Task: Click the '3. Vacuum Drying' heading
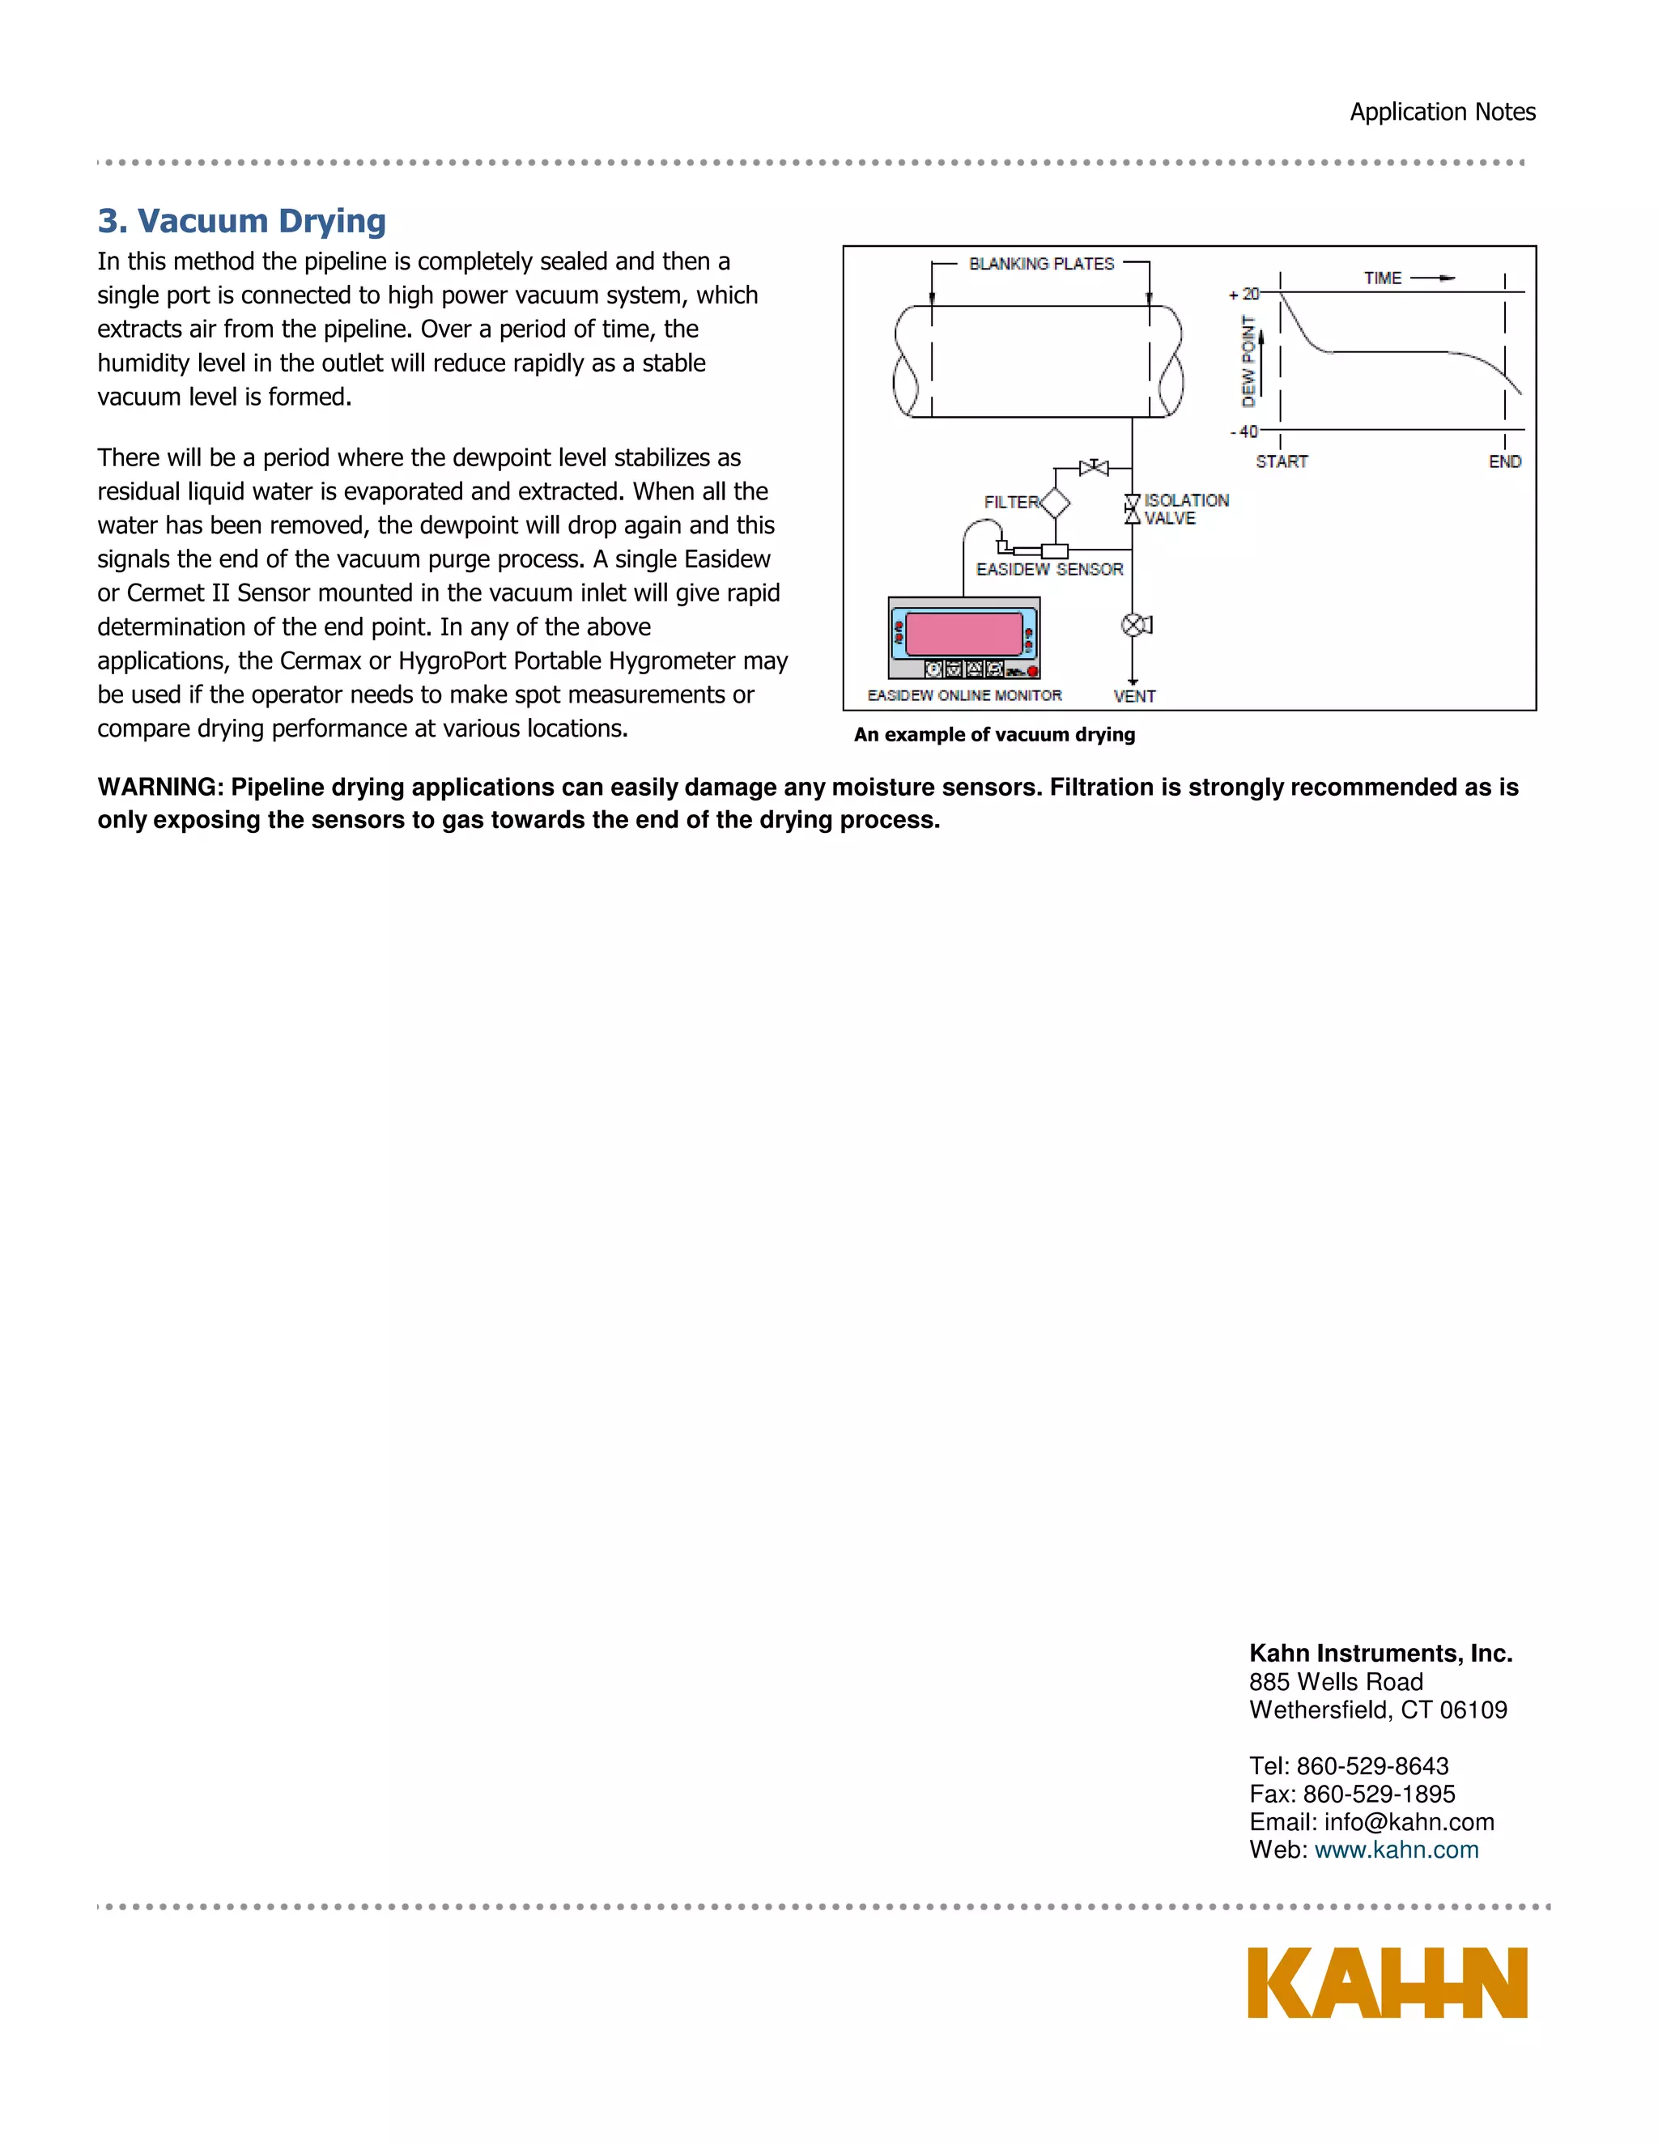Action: point(241,221)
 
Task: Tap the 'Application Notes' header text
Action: point(1442,112)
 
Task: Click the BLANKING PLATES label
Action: point(1041,263)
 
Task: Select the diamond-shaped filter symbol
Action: point(1054,503)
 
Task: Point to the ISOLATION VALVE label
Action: point(1184,509)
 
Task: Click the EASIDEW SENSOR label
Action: point(1049,570)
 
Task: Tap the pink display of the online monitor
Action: point(963,634)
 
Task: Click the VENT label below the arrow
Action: point(1134,696)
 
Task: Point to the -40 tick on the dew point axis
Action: point(1243,431)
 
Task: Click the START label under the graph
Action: point(1282,461)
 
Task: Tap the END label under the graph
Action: point(1505,461)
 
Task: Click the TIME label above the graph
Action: point(1382,278)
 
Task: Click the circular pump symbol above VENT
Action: point(1133,625)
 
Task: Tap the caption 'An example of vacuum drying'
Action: point(994,735)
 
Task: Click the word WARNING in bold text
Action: point(159,787)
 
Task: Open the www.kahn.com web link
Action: point(1396,1850)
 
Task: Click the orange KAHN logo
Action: point(1387,1983)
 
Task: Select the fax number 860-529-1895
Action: point(1379,1794)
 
